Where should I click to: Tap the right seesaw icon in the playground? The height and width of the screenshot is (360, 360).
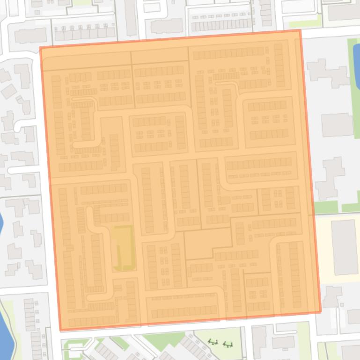pos(228,345)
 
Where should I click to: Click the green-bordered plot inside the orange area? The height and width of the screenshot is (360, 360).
pos(123,248)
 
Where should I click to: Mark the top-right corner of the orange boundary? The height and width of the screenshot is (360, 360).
pos(300,31)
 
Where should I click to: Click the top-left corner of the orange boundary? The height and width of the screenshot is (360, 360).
pos(40,48)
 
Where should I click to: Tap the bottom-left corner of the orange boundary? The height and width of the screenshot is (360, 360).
pos(60,330)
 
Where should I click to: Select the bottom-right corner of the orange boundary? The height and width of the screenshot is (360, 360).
pos(321,312)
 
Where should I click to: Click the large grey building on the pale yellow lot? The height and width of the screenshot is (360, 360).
pos(345,247)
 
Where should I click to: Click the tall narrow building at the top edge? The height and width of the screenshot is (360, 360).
pos(131,19)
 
